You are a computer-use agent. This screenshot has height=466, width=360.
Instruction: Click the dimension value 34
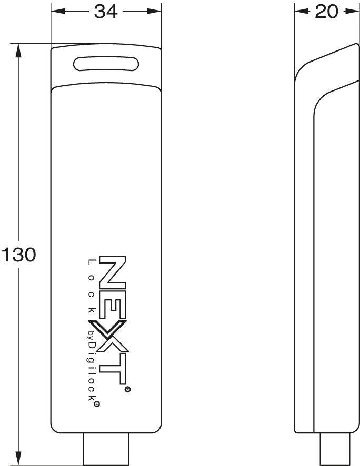tap(106, 12)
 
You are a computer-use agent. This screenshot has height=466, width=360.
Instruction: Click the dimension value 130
tap(18, 255)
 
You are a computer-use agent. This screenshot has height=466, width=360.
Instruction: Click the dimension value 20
tap(326, 12)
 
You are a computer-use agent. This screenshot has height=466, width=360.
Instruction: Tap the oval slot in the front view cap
tap(106, 64)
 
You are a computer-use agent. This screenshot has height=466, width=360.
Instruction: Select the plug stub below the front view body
tap(106, 449)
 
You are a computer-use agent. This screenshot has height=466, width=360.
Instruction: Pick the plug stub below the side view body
tap(335, 449)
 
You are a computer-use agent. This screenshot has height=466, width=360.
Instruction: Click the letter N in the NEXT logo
tap(112, 273)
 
